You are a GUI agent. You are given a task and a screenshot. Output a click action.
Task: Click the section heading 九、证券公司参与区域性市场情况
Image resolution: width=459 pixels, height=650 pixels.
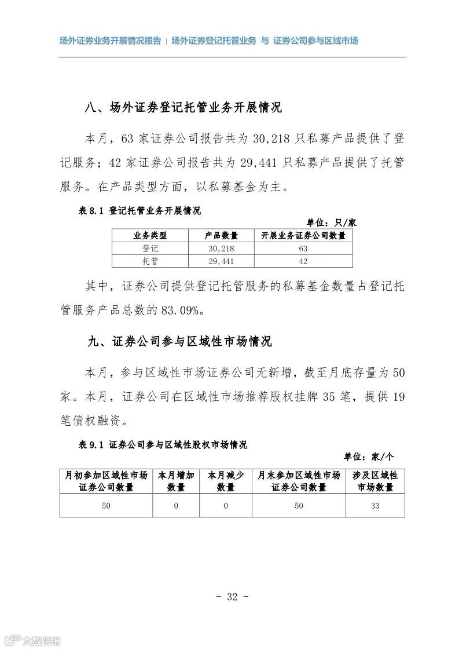pos(179,342)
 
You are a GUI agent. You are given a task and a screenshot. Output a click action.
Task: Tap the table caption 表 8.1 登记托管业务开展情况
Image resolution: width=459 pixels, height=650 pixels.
pos(139,211)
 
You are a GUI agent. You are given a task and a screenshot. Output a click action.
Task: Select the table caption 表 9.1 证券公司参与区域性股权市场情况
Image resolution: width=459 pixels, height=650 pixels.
pos(163,445)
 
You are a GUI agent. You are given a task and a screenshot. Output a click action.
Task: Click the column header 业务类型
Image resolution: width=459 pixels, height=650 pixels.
pos(150,235)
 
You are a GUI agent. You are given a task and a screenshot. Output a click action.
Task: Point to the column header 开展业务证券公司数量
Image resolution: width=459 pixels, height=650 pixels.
pos(303,235)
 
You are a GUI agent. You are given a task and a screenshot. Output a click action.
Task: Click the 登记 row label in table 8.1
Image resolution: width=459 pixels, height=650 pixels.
pos(150,248)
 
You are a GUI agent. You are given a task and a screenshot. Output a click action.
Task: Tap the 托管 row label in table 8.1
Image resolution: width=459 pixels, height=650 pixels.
pos(150,261)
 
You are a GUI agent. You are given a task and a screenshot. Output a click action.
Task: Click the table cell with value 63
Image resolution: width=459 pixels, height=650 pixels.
pos(303,248)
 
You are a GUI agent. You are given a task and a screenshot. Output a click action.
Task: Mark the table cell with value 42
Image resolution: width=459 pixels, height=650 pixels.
pos(303,261)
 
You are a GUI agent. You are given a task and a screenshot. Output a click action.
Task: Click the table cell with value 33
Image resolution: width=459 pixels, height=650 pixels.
pos(375,506)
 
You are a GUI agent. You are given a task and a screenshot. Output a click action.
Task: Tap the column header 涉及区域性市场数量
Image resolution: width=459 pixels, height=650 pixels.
pos(375,481)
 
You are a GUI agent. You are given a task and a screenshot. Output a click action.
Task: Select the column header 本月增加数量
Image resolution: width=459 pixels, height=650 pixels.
pos(176,481)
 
